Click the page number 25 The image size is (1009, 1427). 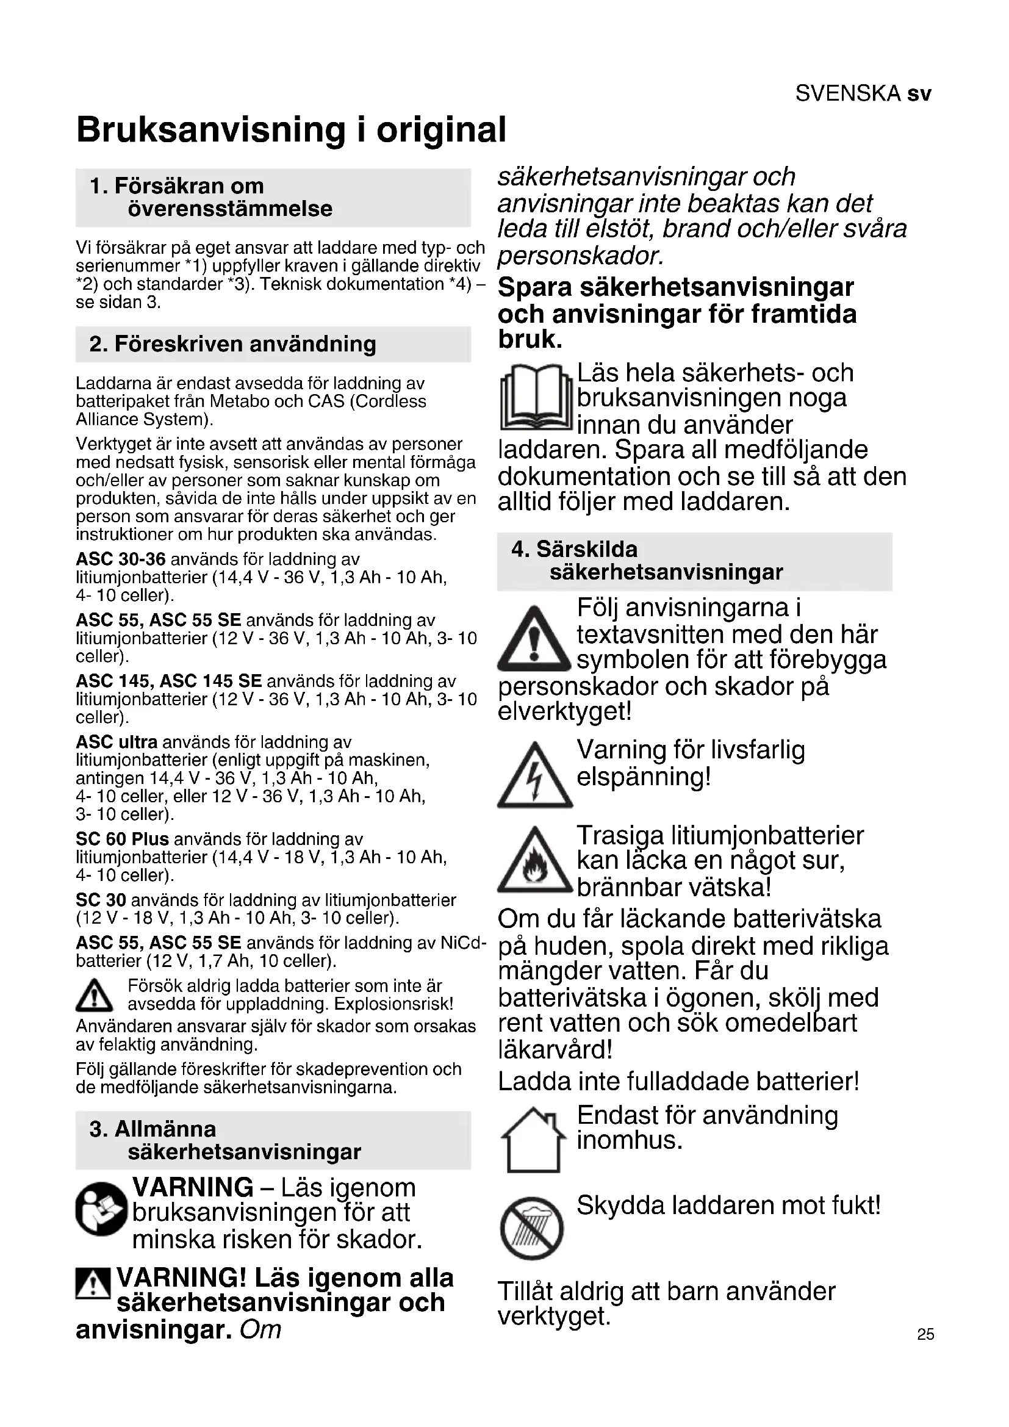[925, 1334]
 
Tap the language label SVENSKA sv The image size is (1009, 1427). [863, 93]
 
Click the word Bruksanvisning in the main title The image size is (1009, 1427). [210, 130]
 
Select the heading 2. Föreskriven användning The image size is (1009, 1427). [233, 343]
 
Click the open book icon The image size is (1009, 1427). [536, 398]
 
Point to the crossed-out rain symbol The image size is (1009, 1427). [532, 1228]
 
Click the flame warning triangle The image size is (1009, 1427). [534, 862]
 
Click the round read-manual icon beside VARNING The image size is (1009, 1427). [101, 1209]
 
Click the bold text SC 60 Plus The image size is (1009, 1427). [123, 839]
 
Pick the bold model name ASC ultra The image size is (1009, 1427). [117, 742]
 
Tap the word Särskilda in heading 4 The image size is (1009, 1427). [586, 550]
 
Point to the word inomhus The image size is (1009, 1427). [630, 1140]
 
